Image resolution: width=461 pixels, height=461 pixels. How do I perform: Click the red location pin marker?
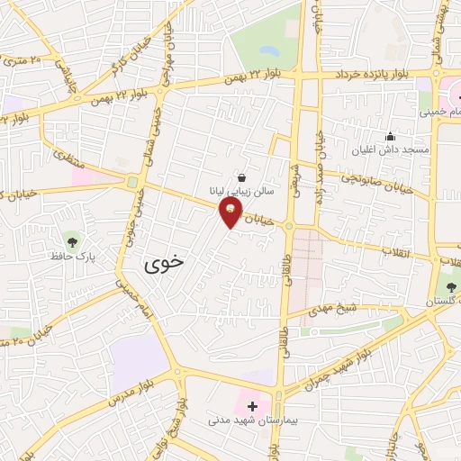(232, 212)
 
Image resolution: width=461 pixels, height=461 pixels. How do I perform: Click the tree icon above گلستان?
(451, 286)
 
